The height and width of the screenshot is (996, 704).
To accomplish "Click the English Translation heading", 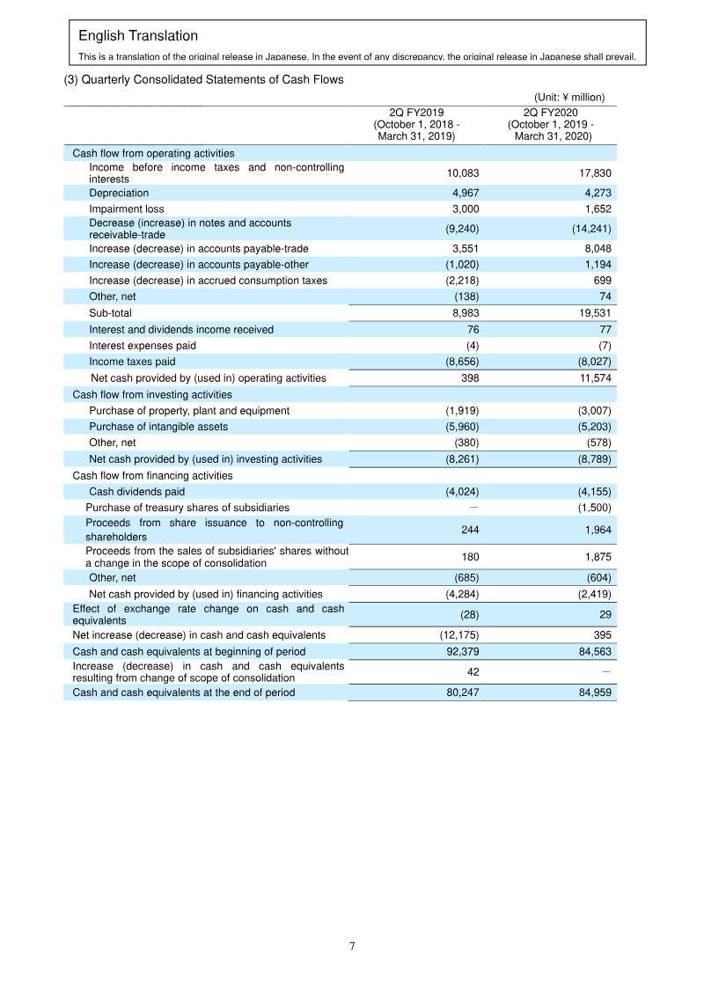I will [x=138, y=36].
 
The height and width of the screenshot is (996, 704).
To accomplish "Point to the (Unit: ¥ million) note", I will [x=568, y=97].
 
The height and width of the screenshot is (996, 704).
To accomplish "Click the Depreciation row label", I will [x=119, y=193].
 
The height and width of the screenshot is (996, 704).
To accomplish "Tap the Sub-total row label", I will [x=110, y=313].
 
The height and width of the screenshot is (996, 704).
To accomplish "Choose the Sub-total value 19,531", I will [x=592, y=313].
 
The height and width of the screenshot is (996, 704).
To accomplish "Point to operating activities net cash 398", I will [x=470, y=378].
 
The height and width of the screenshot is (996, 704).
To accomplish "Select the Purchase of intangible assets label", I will [x=158, y=427].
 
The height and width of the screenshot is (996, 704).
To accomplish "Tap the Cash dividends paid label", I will [x=136, y=492].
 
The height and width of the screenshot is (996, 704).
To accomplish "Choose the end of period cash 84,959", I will [x=592, y=692].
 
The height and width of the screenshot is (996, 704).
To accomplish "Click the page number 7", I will [x=352, y=947].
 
